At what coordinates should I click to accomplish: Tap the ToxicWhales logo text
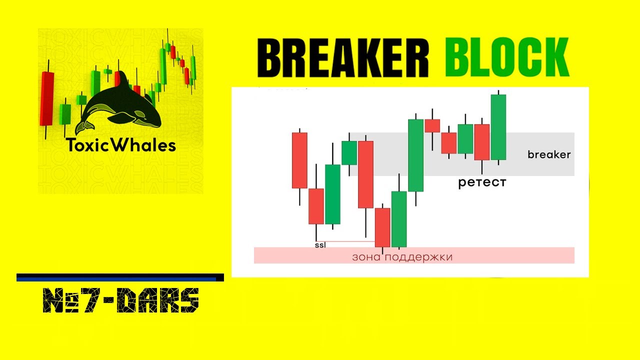(121, 145)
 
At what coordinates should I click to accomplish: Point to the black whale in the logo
(120, 105)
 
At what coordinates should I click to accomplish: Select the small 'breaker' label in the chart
(549, 154)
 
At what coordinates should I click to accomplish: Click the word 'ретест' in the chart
(482, 182)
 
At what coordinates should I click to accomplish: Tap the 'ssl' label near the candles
(320, 245)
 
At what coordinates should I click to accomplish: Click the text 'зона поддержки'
(402, 257)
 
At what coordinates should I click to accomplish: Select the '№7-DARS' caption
(121, 300)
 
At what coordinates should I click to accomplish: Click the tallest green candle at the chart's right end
(498, 127)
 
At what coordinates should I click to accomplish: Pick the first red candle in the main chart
(299, 160)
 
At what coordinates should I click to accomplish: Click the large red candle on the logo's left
(47, 98)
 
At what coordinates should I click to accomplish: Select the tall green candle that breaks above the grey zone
(416, 155)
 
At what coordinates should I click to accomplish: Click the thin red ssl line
(350, 241)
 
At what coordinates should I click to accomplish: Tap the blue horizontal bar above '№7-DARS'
(120, 277)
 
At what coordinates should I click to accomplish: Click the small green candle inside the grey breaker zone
(349, 152)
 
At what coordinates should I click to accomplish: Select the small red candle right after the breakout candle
(432, 125)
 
